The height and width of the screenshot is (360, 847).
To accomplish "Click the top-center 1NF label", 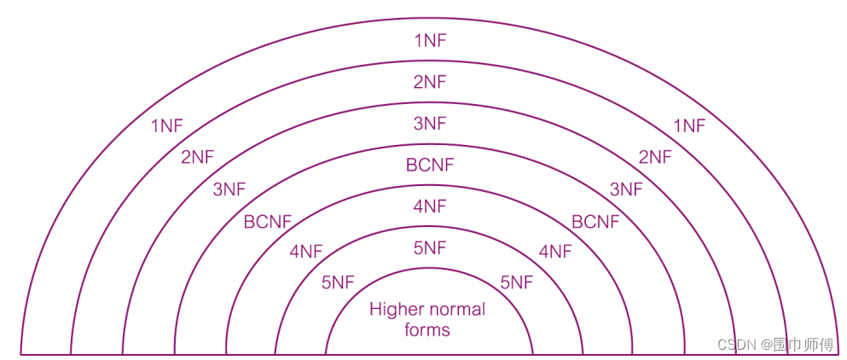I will click(429, 40).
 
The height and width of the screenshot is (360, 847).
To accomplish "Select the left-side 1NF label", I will click(166, 126).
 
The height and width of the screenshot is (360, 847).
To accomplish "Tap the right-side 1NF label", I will click(689, 126).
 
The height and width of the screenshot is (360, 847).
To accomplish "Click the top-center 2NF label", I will click(429, 82).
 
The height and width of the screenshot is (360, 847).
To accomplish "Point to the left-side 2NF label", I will click(197, 157).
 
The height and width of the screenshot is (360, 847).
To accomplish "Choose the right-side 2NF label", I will click(655, 157).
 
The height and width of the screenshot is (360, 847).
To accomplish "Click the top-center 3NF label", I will click(429, 124).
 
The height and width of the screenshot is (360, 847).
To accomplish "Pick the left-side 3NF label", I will click(229, 189).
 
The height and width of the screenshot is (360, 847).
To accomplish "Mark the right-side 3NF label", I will click(625, 189).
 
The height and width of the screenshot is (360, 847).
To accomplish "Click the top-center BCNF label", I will click(430, 165).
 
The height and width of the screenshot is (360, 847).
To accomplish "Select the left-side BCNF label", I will click(268, 222).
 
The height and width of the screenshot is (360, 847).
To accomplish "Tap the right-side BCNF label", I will click(595, 222).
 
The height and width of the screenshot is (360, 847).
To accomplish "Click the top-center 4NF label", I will click(429, 206).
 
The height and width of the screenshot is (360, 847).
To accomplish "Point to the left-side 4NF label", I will click(306, 252).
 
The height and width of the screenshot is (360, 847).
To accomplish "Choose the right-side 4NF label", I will click(555, 252).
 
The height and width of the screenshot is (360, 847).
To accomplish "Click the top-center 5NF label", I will click(429, 248).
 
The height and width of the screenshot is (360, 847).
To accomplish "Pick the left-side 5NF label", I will click(338, 282).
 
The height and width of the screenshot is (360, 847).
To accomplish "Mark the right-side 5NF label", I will click(516, 282).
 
